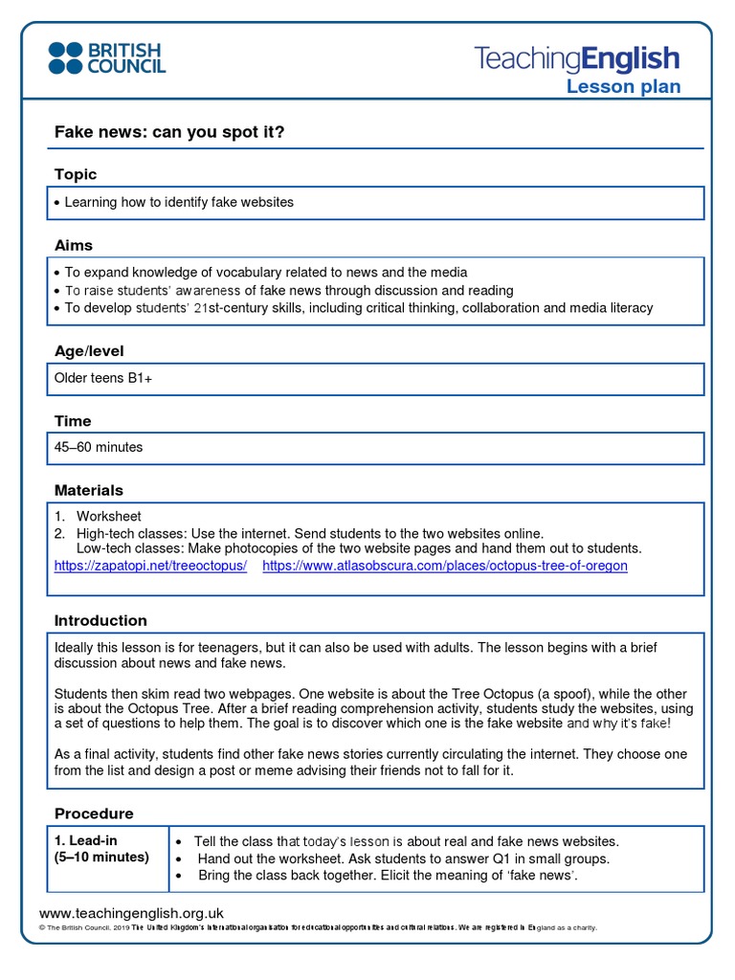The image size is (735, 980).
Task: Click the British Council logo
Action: click(x=107, y=57)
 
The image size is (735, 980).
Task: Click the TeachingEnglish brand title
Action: click(x=577, y=58)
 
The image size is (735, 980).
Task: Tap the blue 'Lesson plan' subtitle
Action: click(x=623, y=87)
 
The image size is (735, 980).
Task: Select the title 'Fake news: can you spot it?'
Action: click(x=169, y=132)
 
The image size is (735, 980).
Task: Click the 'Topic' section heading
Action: click(x=76, y=174)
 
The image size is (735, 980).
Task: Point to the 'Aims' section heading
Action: click(x=74, y=245)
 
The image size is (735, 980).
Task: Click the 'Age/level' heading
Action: click(x=89, y=351)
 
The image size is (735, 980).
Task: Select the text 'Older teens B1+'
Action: click(x=103, y=379)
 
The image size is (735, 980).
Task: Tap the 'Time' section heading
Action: click(x=73, y=421)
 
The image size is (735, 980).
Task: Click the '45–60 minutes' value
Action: click(x=99, y=447)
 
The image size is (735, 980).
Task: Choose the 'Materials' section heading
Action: click(x=89, y=490)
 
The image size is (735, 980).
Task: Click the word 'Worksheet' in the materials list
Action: click(x=109, y=516)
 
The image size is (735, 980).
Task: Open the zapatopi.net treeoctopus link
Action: click(x=150, y=566)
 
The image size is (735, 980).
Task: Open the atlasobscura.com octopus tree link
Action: click(x=445, y=566)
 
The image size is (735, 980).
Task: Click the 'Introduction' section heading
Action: click(x=100, y=620)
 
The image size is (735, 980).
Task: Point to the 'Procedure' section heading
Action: click(x=94, y=813)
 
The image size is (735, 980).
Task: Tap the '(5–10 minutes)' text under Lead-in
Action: click(x=101, y=857)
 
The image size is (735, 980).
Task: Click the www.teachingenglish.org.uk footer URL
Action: click(x=131, y=913)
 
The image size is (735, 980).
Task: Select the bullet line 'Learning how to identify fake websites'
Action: click(x=179, y=202)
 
